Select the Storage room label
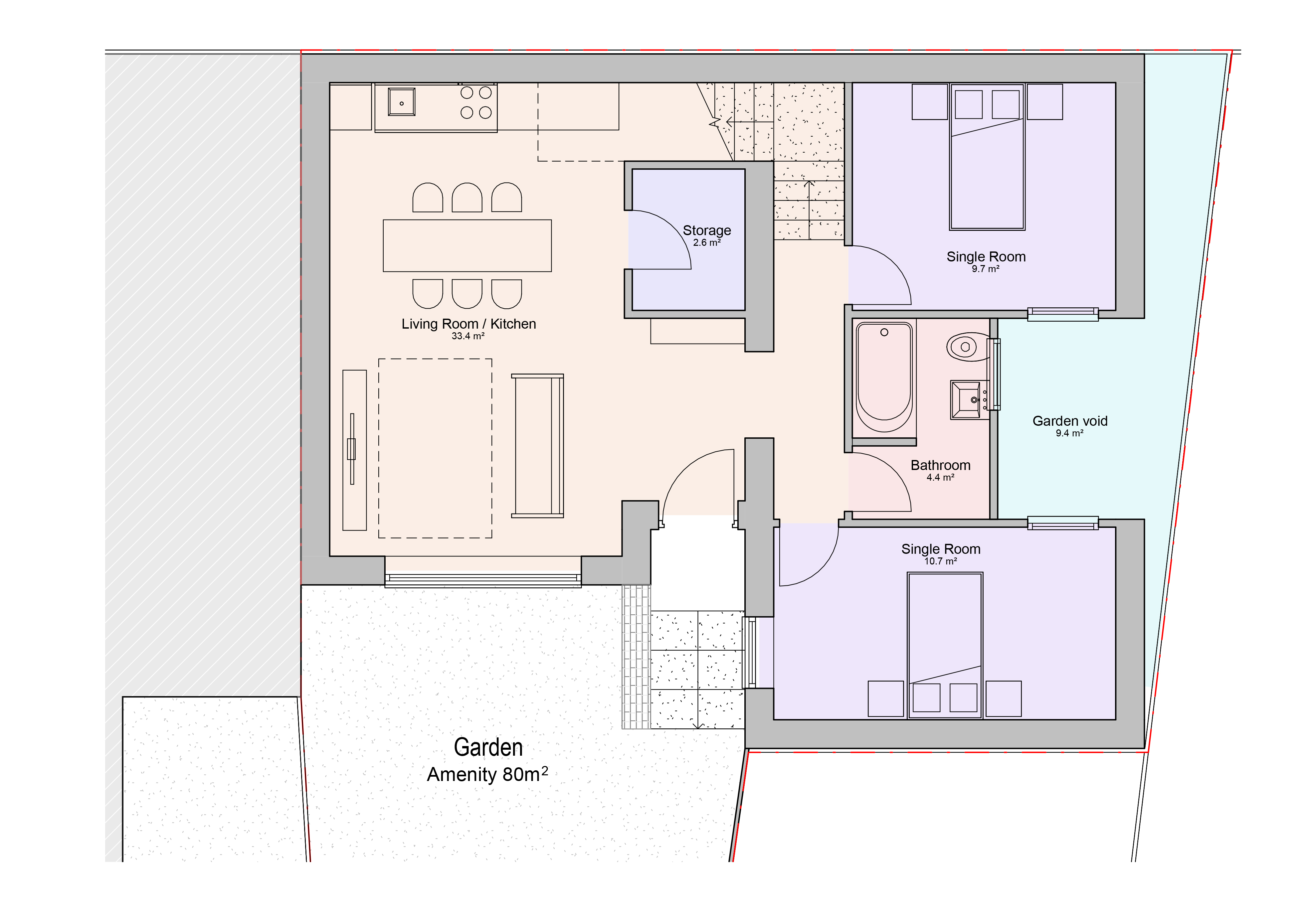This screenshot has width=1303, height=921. coord(706,230)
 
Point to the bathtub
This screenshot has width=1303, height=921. coord(884,378)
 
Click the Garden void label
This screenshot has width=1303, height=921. coord(1070,421)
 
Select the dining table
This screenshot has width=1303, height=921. coord(467,246)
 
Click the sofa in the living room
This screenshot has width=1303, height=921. coord(537,446)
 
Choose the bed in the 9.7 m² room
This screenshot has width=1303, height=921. coord(987,157)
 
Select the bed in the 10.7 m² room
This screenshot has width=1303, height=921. coord(945,646)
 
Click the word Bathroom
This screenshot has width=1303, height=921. coord(940,465)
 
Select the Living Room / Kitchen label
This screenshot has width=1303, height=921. coord(469,324)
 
